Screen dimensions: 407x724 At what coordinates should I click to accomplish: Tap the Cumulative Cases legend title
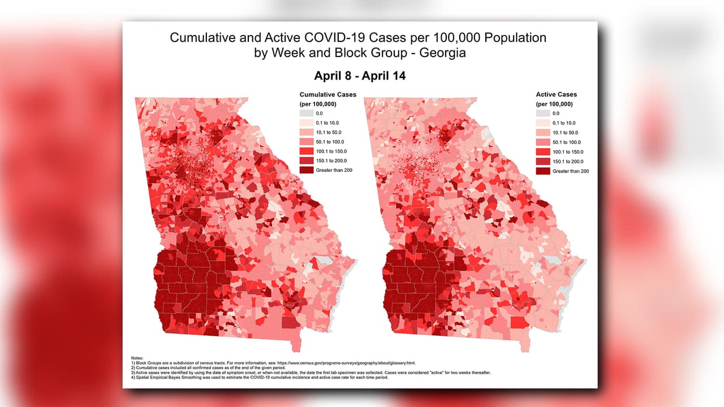327,94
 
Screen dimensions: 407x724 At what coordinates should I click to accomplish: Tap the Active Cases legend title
557,94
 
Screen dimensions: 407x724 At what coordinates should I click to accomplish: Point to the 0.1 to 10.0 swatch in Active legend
544,123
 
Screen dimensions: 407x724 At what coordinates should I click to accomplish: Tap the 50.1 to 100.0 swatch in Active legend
544,142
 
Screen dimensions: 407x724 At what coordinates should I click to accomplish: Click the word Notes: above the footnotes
137,358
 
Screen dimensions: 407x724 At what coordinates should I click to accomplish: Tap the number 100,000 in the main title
449,38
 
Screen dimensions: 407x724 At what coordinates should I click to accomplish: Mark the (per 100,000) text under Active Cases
554,104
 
